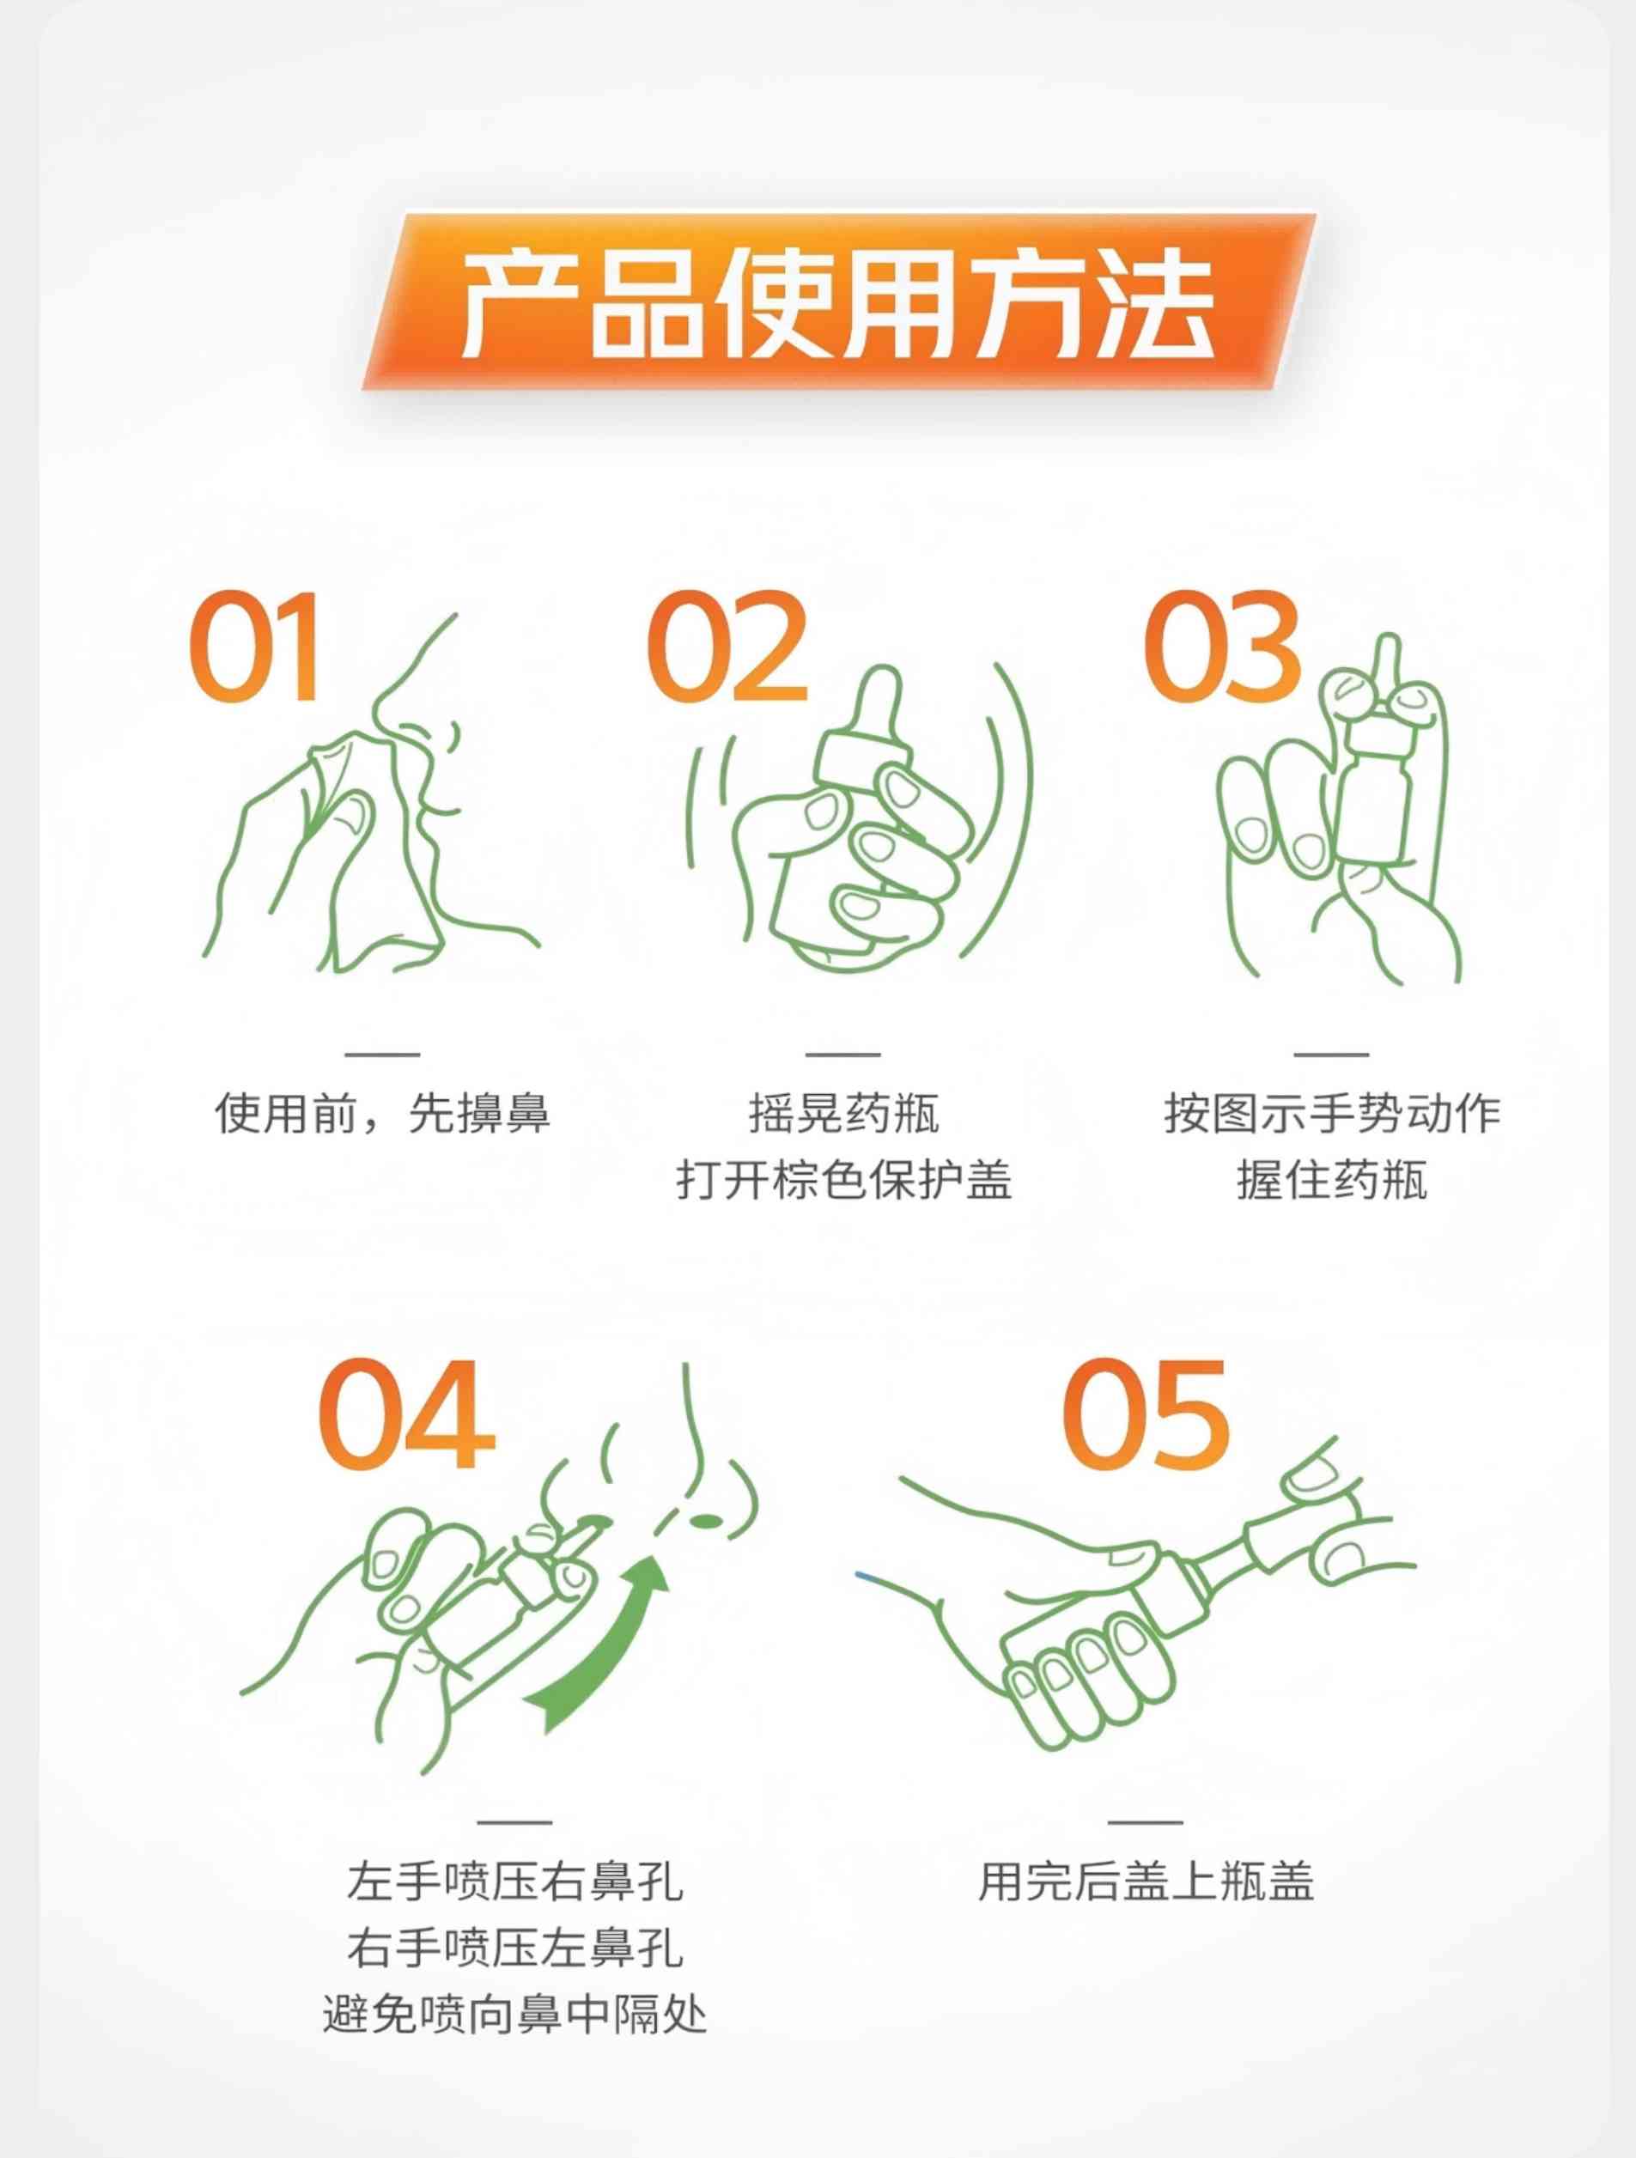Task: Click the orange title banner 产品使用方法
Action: click(x=840, y=301)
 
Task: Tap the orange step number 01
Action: click(x=256, y=646)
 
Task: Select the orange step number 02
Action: click(x=727, y=646)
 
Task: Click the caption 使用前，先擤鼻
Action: click(x=382, y=1113)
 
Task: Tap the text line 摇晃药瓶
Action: click(x=844, y=1113)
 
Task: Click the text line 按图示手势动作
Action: click(x=1332, y=1113)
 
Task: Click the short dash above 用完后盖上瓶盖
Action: click(x=1146, y=1821)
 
